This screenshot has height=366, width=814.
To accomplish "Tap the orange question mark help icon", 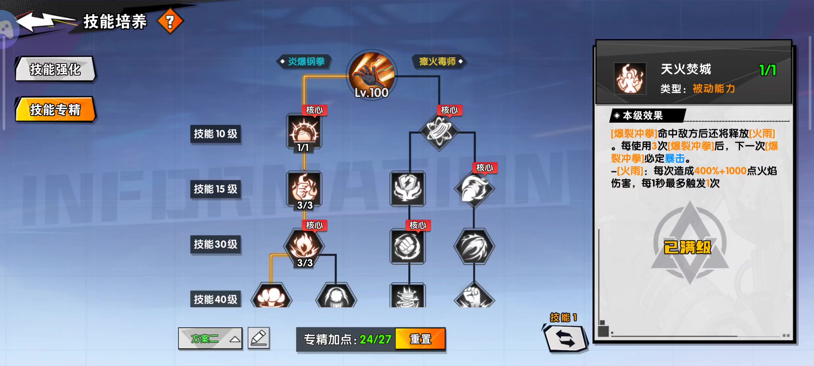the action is [170, 22].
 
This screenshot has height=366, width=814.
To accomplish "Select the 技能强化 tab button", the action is [55, 69].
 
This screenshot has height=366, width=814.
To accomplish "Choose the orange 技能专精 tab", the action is [55, 110].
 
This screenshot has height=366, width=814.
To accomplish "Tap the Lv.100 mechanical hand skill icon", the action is [372, 75].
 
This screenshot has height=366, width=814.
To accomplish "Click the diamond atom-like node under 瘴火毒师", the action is [439, 131].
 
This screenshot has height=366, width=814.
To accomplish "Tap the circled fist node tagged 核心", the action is [408, 246].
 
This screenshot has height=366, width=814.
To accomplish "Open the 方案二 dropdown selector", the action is [210, 338].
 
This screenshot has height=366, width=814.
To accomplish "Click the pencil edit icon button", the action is [259, 338].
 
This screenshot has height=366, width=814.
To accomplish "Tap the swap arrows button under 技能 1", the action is [565, 338].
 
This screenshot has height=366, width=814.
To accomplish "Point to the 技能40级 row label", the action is [216, 299].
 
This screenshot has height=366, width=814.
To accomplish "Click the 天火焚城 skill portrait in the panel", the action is [630, 79].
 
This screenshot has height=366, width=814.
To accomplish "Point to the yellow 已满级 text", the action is [687, 247].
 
